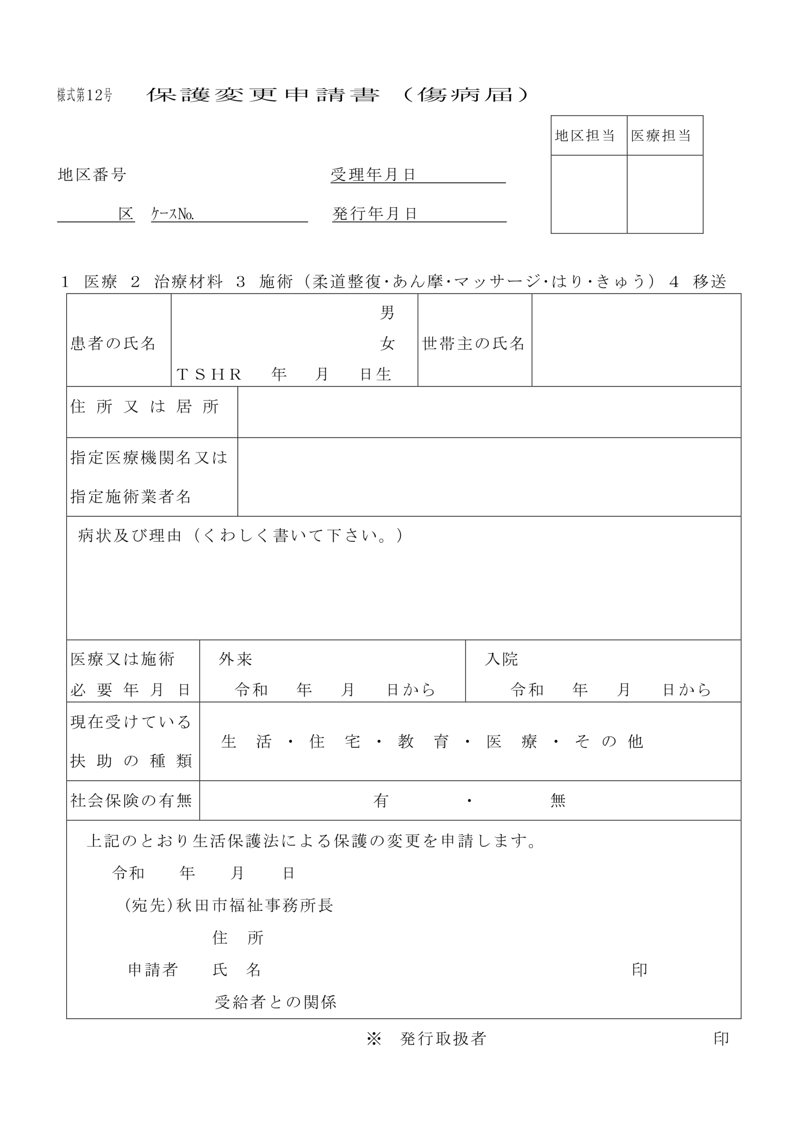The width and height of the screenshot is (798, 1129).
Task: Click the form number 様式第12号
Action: [x=85, y=95]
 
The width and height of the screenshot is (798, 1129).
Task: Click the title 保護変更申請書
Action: [x=263, y=94]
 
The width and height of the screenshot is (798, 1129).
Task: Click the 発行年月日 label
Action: [x=375, y=213]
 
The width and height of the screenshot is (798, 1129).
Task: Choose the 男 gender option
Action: [x=387, y=313]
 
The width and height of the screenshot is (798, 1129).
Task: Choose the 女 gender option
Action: [x=387, y=343]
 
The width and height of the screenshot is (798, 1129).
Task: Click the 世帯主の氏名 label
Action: [x=474, y=343]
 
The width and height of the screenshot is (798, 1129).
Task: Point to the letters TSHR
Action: [x=209, y=375]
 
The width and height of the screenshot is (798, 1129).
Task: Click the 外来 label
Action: [x=235, y=659]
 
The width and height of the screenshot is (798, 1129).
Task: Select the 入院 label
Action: [x=501, y=659]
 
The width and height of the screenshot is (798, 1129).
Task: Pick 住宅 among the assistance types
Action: [x=334, y=741]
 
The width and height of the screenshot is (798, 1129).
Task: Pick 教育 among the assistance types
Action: [x=423, y=741]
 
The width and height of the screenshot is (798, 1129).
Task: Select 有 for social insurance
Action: [x=381, y=801]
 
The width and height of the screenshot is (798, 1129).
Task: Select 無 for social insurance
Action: [x=558, y=801]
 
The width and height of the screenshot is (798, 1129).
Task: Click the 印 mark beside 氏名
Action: [x=639, y=970]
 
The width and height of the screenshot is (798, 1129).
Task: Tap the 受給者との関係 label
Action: [x=276, y=1002]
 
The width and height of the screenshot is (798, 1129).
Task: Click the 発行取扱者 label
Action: [x=443, y=1039]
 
